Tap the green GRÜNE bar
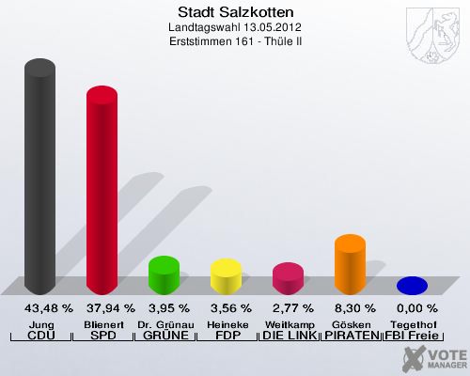click(x=164, y=274)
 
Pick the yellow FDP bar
click(x=226, y=275)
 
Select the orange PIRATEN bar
click(x=350, y=264)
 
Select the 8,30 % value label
click(x=350, y=308)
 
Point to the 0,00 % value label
click(x=412, y=308)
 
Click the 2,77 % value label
click(x=288, y=308)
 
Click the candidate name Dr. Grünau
click(x=164, y=324)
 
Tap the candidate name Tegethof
click(x=412, y=324)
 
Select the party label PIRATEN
click(x=350, y=336)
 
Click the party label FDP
click(x=226, y=336)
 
